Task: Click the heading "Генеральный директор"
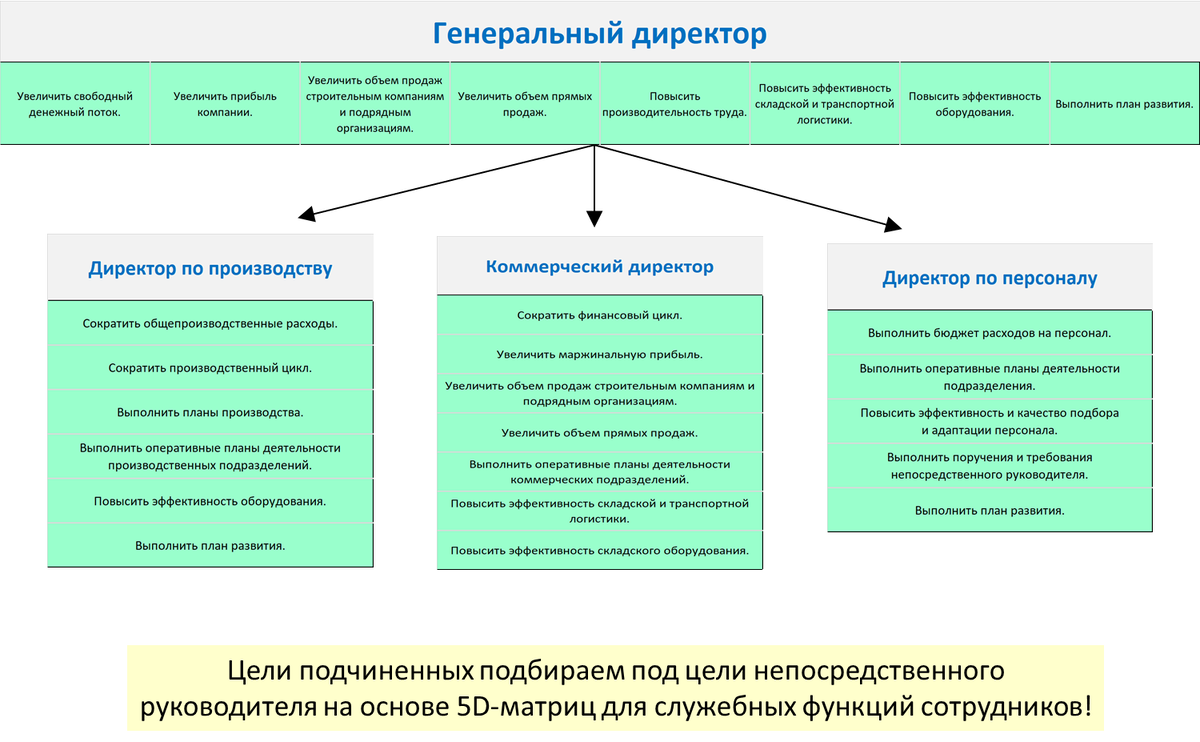(599, 34)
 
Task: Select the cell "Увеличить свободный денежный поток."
(75, 104)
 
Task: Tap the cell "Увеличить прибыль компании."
(225, 104)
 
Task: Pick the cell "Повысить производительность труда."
(675, 104)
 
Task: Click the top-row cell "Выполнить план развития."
(1125, 104)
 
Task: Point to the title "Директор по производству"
(210, 268)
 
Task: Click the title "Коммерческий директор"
(599, 267)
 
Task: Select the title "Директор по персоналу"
(989, 278)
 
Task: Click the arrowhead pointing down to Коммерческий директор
(595, 217)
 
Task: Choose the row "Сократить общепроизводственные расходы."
(210, 323)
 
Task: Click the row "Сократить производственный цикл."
(210, 368)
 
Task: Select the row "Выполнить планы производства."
(210, 411)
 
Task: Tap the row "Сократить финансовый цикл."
(599, 315)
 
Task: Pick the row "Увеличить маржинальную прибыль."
(599, 354)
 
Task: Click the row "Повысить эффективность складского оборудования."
(599, 550)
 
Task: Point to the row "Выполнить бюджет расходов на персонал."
(989, 332)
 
